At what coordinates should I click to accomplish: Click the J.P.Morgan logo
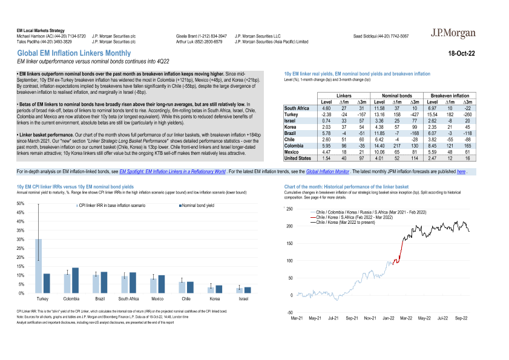click(453, 34)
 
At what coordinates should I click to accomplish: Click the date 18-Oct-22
click(461, 54)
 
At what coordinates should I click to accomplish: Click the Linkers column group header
click(343, 96)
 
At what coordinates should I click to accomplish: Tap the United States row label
click(298, 158)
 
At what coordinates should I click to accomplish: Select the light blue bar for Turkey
click(38, 266)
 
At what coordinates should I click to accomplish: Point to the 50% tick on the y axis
click(20, 204)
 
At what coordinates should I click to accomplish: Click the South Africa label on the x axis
click(128, 299)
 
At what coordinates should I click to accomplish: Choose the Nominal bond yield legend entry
click(197, 206)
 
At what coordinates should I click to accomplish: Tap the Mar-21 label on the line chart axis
click(297, 318)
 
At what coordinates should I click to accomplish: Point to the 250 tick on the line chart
click(289, 209)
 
